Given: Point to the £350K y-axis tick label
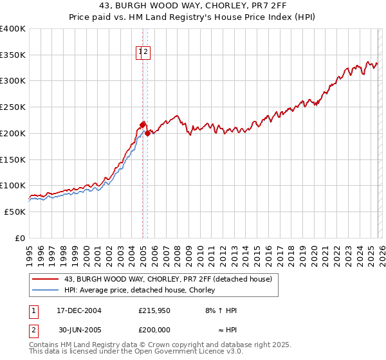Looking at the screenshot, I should [13, 55].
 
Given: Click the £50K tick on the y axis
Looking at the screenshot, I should [15, 212].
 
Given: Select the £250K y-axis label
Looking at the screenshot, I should [13, 107].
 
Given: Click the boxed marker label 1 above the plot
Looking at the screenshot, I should [140, 53].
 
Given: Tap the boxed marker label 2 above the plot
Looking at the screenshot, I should [146, 53].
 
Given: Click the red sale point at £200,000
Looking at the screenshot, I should [148, 133].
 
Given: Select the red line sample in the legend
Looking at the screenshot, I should [46, 279].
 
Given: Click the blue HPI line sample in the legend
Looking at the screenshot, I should [46, 290].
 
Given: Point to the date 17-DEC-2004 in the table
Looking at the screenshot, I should [78, 310].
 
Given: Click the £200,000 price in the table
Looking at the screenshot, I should [154, 328].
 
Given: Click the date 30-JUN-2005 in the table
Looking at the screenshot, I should [78, 328].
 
